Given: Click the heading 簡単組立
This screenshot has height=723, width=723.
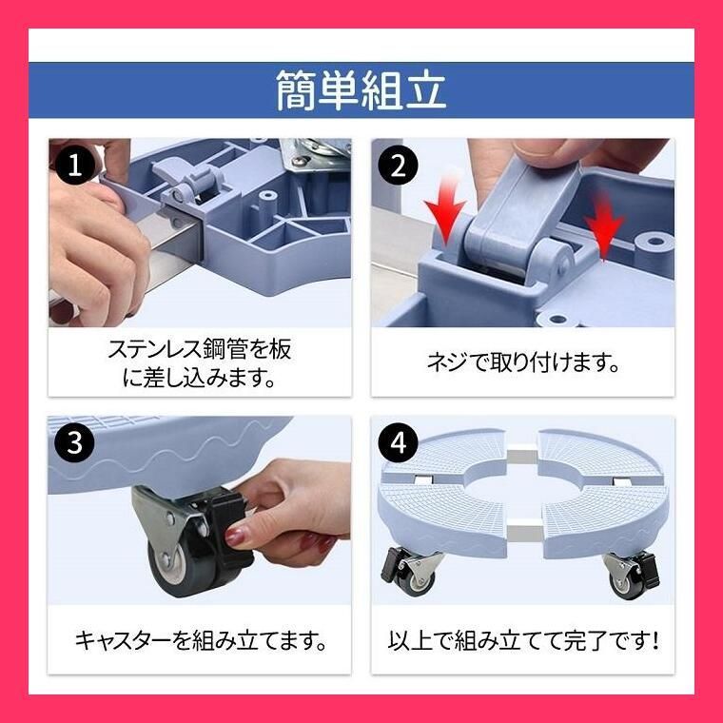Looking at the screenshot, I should pyautogui.click(x=361, y=90).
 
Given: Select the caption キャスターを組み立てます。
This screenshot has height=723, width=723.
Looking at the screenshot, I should pyautogui.click(x=200, y=639).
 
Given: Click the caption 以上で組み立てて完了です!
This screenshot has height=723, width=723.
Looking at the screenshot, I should pyautogui.click(x=523, y=639).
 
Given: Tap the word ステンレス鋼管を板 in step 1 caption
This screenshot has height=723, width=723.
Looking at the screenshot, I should pyautogui.click(x=199, y=349).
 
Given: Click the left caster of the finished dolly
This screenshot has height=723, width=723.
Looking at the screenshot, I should pyautogui.click(x=411, y=571).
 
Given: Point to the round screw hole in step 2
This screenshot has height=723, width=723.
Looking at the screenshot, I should pyautogui.click(x=650, y=243).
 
